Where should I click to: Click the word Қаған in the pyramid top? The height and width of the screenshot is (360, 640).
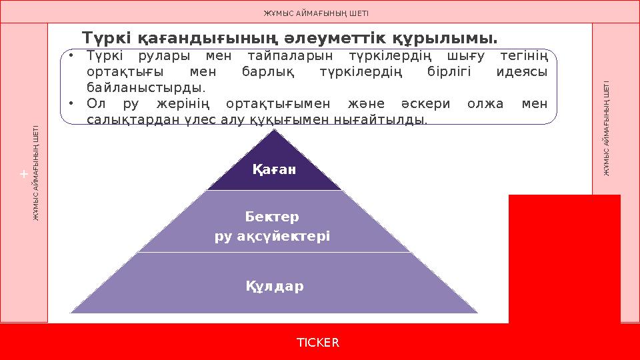click(274, 170)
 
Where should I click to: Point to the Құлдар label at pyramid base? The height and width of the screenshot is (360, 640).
click(275, 287)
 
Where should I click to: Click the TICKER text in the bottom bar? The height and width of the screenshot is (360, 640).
click(318, 343)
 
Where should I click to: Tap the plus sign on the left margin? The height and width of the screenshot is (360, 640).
click(23, 174)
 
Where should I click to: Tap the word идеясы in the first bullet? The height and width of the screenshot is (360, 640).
click(522, 72)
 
